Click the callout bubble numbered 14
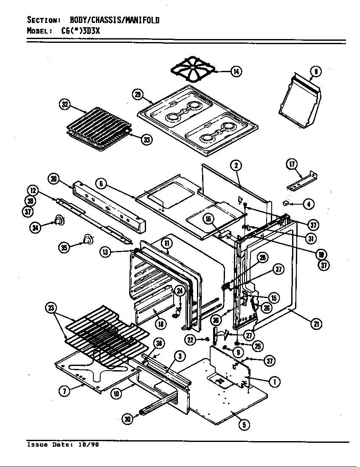pyautogui.click(x=236, y=71)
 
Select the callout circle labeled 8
pyautogui.click(x=316, y=71)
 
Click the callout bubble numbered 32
pyautogui.click(x=65, y=105)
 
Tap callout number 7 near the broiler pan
pyautogui.click(x=64, y=391)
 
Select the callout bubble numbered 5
pyautogui.click(x=244, y=424)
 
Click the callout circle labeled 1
pyautogui.click(x=274, y=382)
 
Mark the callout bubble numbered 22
pyautogui.click(x=191, y=339)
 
